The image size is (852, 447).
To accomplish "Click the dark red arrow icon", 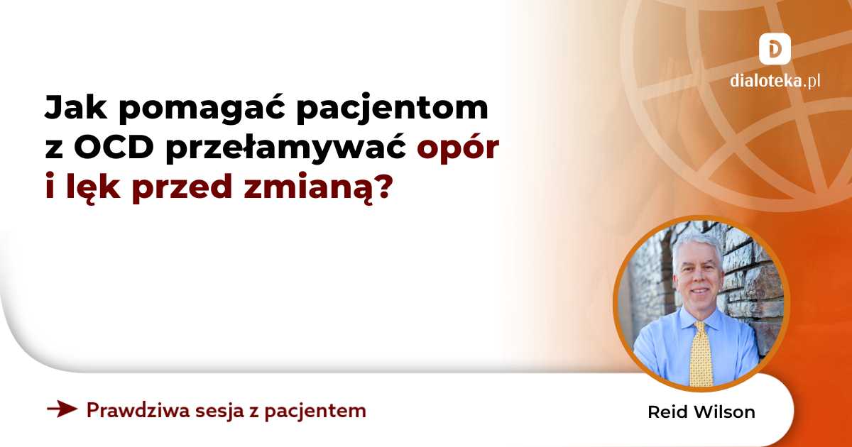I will click(61, 409).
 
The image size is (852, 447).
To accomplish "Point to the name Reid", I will click(665, 412).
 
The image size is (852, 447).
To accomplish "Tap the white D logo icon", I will click(775, 49).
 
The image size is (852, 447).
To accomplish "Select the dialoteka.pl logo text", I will click(775, 81).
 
